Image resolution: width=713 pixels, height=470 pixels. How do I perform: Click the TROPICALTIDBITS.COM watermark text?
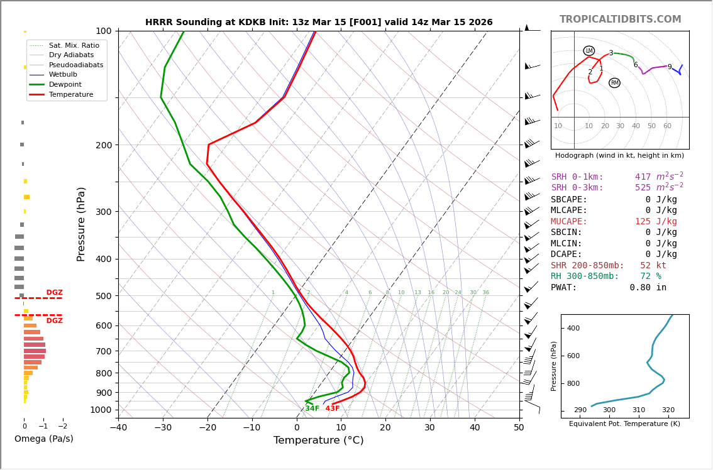click(x=620, y=19)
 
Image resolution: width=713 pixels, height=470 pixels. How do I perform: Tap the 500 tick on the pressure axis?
click(x=103, y=296)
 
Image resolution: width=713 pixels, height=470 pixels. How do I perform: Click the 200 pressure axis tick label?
click(x=103, y=145)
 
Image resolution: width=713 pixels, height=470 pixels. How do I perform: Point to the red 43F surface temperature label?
click(x=332, y=409)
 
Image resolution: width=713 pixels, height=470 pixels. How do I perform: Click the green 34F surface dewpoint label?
click(x=312, y=409)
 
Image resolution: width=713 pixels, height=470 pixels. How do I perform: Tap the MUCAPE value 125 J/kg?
click(x=656, y=222)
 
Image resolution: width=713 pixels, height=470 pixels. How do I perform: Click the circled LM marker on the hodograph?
click(x=589, y=51)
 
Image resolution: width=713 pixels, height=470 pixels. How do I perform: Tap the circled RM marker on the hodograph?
click(x=614, y=83)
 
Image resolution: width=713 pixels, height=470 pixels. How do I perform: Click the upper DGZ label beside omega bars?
click(x=54, y=293)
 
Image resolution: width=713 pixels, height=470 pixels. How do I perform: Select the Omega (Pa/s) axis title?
click(x=44, y=439)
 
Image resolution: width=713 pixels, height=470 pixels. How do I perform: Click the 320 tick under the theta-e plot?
click(x=668, y=410)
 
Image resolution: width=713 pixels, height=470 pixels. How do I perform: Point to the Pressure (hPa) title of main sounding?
click(x=81, y=224)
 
